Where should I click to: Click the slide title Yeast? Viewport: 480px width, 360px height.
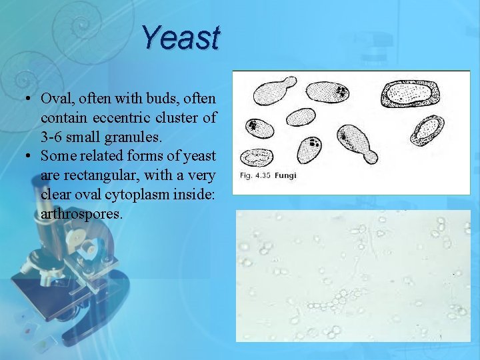[x=181, y=38]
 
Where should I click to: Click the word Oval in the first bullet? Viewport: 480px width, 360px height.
[x=56, y=99]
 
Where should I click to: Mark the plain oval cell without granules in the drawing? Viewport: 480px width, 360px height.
[x=301, y=117]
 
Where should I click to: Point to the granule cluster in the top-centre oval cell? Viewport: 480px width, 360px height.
[x=341, y=91]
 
